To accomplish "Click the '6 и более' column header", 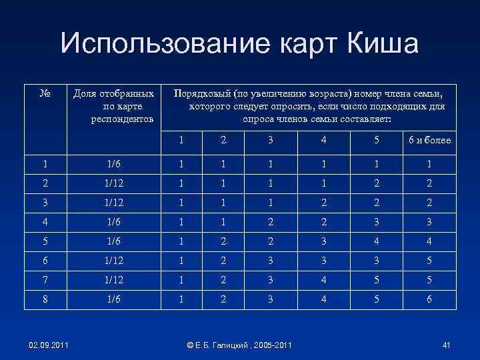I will (429, 140).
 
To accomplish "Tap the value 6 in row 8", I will (429, 300).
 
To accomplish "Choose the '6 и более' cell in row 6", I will (429, 261).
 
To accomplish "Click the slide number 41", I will (446, 344).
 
